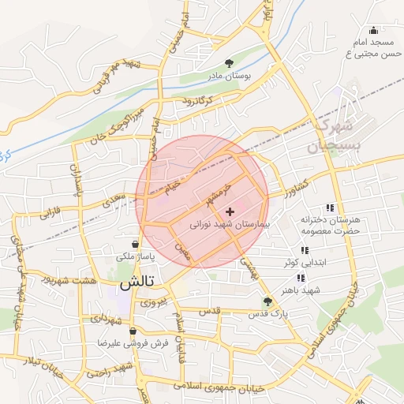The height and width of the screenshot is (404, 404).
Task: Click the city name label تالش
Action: tap(136, 282)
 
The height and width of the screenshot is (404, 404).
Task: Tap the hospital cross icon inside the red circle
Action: tap(230, 211)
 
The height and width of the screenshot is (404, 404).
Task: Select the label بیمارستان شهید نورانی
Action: tap(230, 225)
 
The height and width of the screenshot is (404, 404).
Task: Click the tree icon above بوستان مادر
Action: tap(229, 62)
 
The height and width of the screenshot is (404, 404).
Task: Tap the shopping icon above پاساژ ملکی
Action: tap(136, 244)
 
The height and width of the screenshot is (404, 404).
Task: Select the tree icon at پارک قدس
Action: tap(267, 301)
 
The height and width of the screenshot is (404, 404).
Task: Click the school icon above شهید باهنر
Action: tap(301, 278)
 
